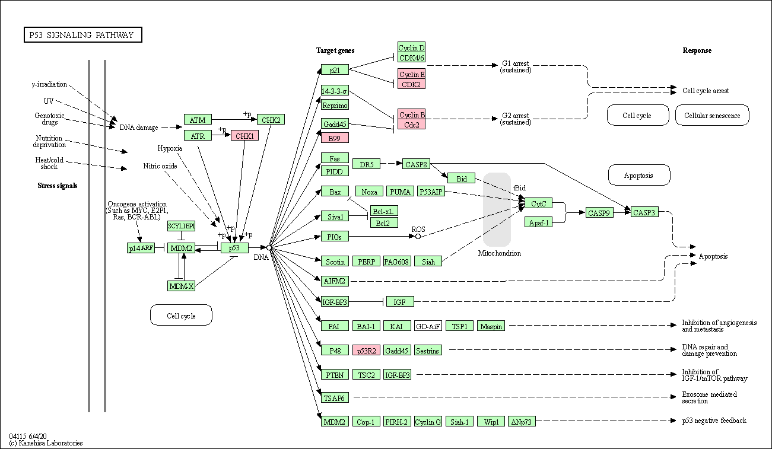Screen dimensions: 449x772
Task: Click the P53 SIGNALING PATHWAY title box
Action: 82,35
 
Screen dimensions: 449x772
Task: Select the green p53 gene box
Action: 234,247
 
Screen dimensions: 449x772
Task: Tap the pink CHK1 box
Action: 244,136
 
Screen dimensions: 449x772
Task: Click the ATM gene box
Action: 198,120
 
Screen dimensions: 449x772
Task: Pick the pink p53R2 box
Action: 366,351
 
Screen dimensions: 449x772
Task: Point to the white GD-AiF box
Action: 428,326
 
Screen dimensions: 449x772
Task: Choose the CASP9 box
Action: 599,212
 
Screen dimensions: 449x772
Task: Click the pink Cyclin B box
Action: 412,114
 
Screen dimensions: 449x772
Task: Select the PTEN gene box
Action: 335,375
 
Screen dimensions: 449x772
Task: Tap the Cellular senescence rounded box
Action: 712,116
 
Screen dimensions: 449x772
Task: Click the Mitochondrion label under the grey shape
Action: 499,253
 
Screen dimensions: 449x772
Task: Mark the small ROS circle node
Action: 418,236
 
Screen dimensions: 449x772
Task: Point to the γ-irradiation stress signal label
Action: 49,84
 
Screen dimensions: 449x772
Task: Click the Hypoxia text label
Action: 170,148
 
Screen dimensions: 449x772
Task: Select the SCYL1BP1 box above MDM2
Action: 181,226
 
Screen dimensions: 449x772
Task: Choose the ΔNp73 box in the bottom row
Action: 522,422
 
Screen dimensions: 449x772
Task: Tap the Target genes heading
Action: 335,50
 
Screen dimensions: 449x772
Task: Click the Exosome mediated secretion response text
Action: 709,397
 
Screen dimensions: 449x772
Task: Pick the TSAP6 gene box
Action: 335,398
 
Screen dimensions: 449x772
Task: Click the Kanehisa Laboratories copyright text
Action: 46,443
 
